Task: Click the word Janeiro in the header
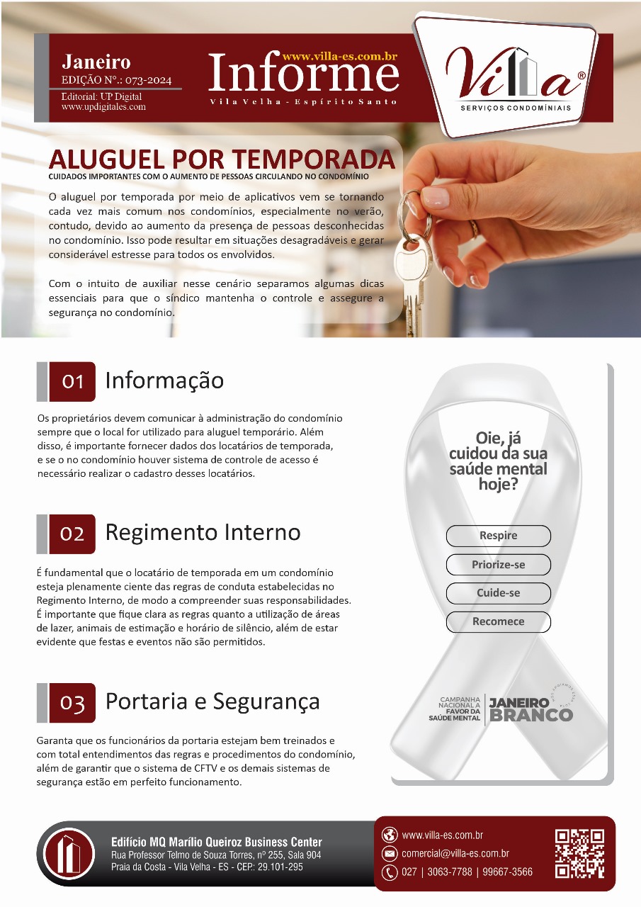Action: pyautogui.click(x=96, y=62)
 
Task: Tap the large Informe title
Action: pyautogui.click(x=304, y=72)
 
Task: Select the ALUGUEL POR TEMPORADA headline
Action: pyautogui.click(x=222, y=159)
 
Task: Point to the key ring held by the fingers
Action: pyautogui.click(x=413, y=215)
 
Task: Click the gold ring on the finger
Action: pyautogui.click(x=474, y=230)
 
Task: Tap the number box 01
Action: pyautogui.click(x=72, y=381)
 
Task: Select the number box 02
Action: pyautogui.click(x=72, y=534)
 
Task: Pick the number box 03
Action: pyautogui.click(x=72, y=703)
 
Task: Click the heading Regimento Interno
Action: pyautogui.click(x=203, y=532)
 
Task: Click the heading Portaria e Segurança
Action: pyautogui.click(x=212, y=702)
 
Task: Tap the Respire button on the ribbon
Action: pyautogui.click(x=499, y=536)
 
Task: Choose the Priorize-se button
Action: pyautogui.click(x=499, y=565)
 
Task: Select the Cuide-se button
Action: pyautogui.click(x=499, y=593)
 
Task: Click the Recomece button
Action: pyautogui.click(x=499, y=621)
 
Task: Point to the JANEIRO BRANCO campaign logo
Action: pyautogui.click(x=501, y=708)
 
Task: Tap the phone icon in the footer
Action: pyautogui.click(x=390, y=872)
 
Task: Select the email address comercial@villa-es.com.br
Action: pyautogui.click(x=455, y=854)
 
